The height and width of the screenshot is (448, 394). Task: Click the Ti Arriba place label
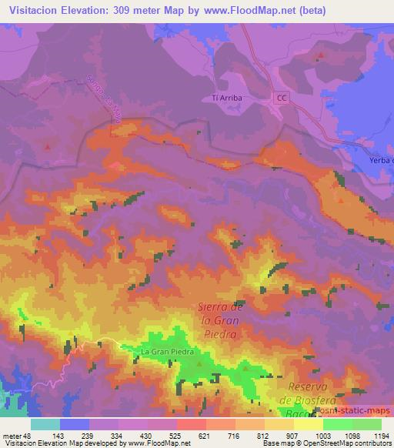(225, 98)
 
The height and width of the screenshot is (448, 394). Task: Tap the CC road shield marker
(282, 98)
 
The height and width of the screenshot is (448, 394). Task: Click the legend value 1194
(381, 435)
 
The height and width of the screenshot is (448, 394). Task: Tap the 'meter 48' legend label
(15, 435)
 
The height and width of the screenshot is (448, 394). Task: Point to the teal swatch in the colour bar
(45, 424)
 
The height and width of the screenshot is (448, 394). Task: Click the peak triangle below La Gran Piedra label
(199, 364)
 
